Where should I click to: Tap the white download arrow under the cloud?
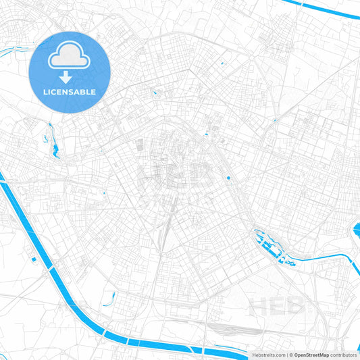pos(70,78)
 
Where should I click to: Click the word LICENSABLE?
pos(70,91)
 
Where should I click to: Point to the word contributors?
pos(344,355)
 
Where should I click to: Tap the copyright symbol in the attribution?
pos(291,355)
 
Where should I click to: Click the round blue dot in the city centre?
pos(228,178)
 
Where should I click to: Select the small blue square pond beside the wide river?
pos(33,258)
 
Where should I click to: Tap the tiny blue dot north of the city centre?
pos(222,64)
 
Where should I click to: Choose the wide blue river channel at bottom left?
pos(41,236)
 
